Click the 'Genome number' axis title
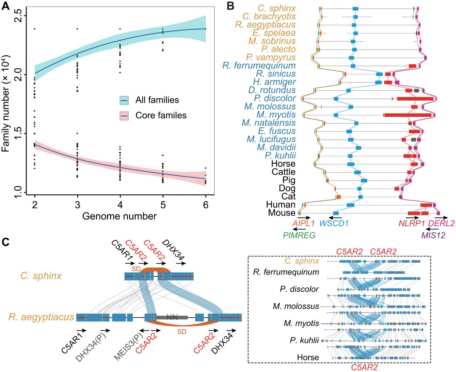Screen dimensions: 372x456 click(120, 217)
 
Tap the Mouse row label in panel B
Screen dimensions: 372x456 click(282, 213)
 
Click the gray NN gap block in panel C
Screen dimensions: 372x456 click(171, 317)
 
